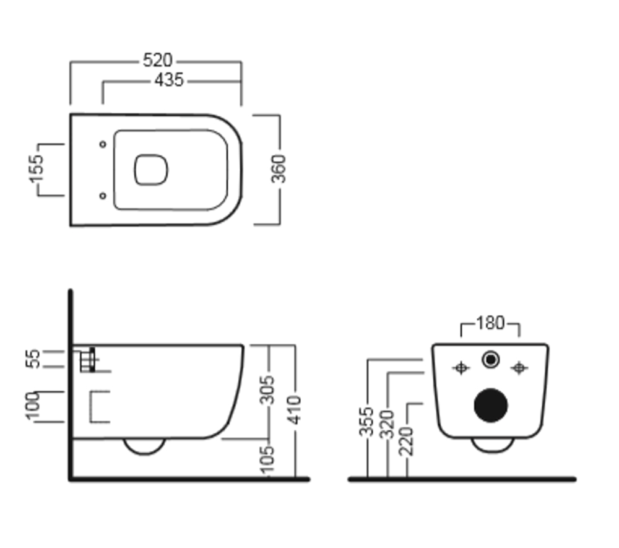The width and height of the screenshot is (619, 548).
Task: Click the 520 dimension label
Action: (x=157, y=61)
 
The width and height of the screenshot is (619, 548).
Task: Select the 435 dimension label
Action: (x=169, y=80)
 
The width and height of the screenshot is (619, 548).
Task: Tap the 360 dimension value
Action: (x=279, y=169)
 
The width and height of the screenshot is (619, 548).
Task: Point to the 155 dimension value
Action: (x=37, y=169)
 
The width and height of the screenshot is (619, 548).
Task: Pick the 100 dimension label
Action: (x=33, y=406)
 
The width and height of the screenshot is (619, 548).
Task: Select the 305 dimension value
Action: (x=267, y=390)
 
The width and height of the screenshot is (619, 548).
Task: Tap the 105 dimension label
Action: (x=267, y=459)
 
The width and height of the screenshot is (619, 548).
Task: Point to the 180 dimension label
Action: (x=490, y=323)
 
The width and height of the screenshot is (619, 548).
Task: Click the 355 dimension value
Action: (x=366, y=422)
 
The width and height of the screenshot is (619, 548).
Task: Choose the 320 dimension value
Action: (x=387, y=425)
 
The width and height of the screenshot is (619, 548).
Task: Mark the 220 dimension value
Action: (x=406, y=441)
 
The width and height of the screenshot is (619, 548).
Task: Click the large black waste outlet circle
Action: (x=491, y=405)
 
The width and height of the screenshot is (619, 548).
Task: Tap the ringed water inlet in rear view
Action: (x=491, y=360)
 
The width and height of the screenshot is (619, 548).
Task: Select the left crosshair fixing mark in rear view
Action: (x=461, y=368)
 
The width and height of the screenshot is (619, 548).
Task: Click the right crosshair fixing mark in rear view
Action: (x=519, y=368)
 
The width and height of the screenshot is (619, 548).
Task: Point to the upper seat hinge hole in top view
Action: (x=103, y=144)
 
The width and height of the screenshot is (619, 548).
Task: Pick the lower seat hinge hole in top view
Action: (x=103, y=196)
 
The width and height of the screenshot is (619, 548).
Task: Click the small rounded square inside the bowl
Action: (x=151, y=170)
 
